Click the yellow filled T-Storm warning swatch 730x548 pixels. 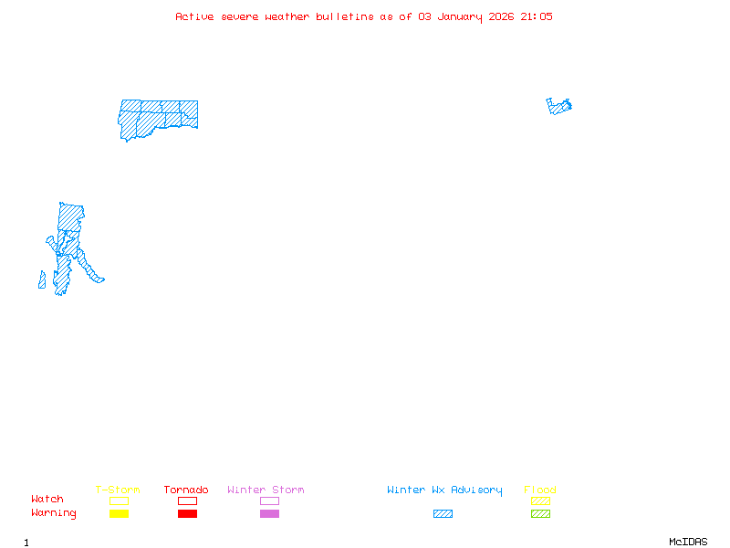click(119, 514)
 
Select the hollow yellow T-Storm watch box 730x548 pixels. click(119, 501)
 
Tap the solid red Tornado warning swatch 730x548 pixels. click(187, 514)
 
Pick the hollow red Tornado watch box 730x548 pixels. click(187, 501)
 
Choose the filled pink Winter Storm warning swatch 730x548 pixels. click(269, 514)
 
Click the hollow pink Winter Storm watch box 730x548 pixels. click(269, 501)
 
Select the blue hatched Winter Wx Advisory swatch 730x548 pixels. click(443, 514)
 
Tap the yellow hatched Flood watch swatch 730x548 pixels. click(540, 501)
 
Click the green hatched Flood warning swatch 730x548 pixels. click(540, 514)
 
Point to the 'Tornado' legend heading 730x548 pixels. click(186, 490)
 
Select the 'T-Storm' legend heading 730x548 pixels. click(118, 490)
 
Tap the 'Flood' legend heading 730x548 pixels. click(540, 490)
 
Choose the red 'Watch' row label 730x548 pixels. click(47, 500)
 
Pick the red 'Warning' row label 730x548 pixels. click(54, 513)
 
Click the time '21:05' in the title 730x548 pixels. click(537, 16)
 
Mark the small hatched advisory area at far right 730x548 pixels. click(559, 106)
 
